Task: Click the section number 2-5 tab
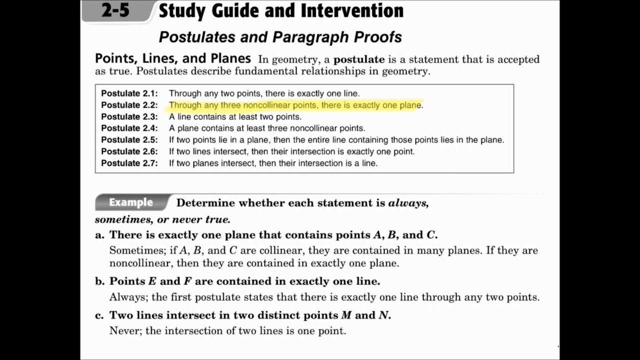click(x=116, y=11)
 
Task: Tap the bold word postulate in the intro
click(x=359, y=59)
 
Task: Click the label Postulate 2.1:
click(x=129, y=93)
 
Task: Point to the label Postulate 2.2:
click(x=129, y=105)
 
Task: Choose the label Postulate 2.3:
click(x=129, y=117)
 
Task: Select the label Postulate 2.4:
click(x=129, y=128)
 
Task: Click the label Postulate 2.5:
click(x=129, y=140)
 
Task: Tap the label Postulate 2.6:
click(x=129, y=151)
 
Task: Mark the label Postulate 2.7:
click(x=129, y=163)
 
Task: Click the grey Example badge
click(x=131, y=202)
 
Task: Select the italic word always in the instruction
click(x=407, y=203)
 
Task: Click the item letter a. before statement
click(x=99, y=235)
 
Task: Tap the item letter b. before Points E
click(x=99, y=281)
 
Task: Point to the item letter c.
click(x=99, y=315)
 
